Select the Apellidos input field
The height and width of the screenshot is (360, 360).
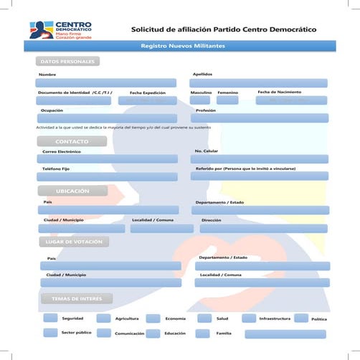click(x=259, y=82)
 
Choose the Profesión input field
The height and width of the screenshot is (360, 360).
click(x=259, y=118)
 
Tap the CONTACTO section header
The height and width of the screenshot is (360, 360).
click(x=71, y=141)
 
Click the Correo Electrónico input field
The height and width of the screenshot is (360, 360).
click(x=108, y=159)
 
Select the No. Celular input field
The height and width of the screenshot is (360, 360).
click(x=260, y=159)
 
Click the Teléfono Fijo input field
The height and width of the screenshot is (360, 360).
click(x=108, y=176)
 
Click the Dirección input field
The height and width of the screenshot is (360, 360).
click(x=263, y=229)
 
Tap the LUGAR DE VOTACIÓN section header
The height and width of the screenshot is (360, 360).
click(x=72, y=242)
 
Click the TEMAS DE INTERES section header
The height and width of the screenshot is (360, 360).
click(x=76, y=298)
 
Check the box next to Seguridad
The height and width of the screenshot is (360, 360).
click(x=50, y=318)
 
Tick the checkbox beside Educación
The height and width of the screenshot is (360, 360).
click(x=153, y=333)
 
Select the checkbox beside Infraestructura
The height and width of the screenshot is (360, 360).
click(x=248, y=318)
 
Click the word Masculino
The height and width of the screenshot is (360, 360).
click(x=201, y=93)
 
